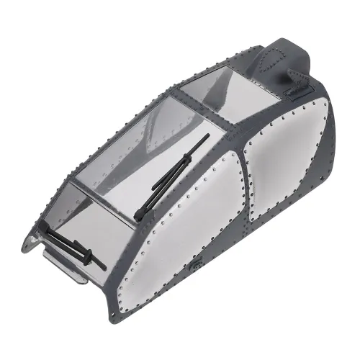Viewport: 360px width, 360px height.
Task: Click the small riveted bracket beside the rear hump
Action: click(295, 87)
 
